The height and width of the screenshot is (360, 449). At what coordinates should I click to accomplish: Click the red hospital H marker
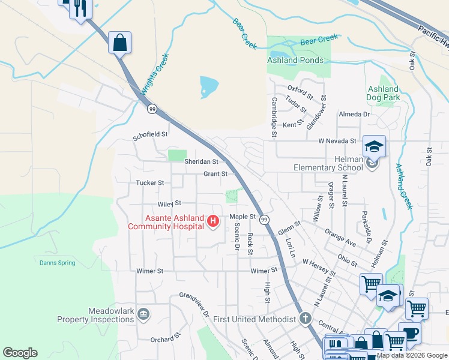coord(212,222)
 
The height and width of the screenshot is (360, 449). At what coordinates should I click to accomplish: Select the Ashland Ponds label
coord(295,60)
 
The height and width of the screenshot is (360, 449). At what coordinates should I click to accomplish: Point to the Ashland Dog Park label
coord(383,93)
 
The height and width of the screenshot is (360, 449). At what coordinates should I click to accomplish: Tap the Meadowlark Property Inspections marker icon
coord(143,313)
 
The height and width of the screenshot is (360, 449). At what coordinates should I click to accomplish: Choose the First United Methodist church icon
coord(306,319)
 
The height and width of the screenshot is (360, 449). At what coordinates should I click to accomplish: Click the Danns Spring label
coord(57,263)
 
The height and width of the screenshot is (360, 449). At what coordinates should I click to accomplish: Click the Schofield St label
coord(150,136)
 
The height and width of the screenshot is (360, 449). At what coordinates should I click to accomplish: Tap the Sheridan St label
coord(200,161)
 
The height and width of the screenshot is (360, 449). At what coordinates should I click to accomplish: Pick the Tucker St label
coord(150,182)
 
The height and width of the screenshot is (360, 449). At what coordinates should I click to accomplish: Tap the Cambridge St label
coord(274,117)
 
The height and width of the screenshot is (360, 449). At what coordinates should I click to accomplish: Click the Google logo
coord(20,353)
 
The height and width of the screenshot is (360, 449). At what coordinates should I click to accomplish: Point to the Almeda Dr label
coord(355,114)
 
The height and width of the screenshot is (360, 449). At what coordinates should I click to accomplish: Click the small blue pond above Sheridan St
coord(208,86)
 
